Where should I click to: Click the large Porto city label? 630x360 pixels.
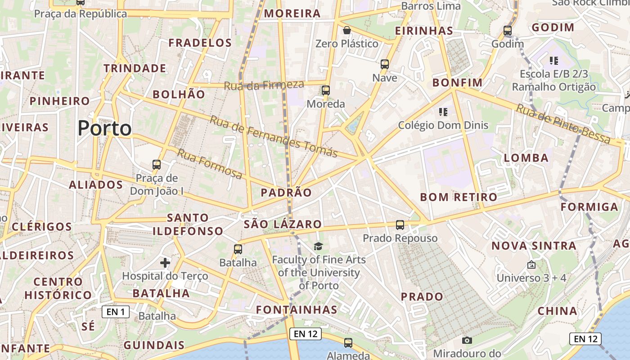point(104,129)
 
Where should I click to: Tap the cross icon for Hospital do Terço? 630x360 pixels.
point(165,262)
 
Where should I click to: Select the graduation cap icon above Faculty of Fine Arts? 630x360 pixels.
point(319,246)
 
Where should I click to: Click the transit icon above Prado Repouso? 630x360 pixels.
point(400,225)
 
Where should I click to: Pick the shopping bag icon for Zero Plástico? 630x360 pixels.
point(347,31)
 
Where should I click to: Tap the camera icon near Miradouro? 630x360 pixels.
point(467,340)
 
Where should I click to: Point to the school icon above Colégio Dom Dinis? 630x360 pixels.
point(443,112)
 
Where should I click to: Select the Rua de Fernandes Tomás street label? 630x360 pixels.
point(274,136)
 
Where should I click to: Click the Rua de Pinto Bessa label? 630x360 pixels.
point(563,124)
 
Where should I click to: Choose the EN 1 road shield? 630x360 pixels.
point(116,311)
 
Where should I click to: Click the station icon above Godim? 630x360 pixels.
point(508,31)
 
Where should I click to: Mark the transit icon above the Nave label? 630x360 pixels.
point(385,64)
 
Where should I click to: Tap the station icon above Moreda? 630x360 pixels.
point(326,90)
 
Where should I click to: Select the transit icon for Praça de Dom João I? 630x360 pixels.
point(157,165)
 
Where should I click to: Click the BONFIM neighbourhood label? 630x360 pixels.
point(457,83)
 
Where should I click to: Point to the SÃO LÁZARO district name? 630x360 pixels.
point(283,224)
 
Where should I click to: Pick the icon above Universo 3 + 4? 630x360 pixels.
point(531,265)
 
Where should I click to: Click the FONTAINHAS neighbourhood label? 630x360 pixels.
point(297,310)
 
